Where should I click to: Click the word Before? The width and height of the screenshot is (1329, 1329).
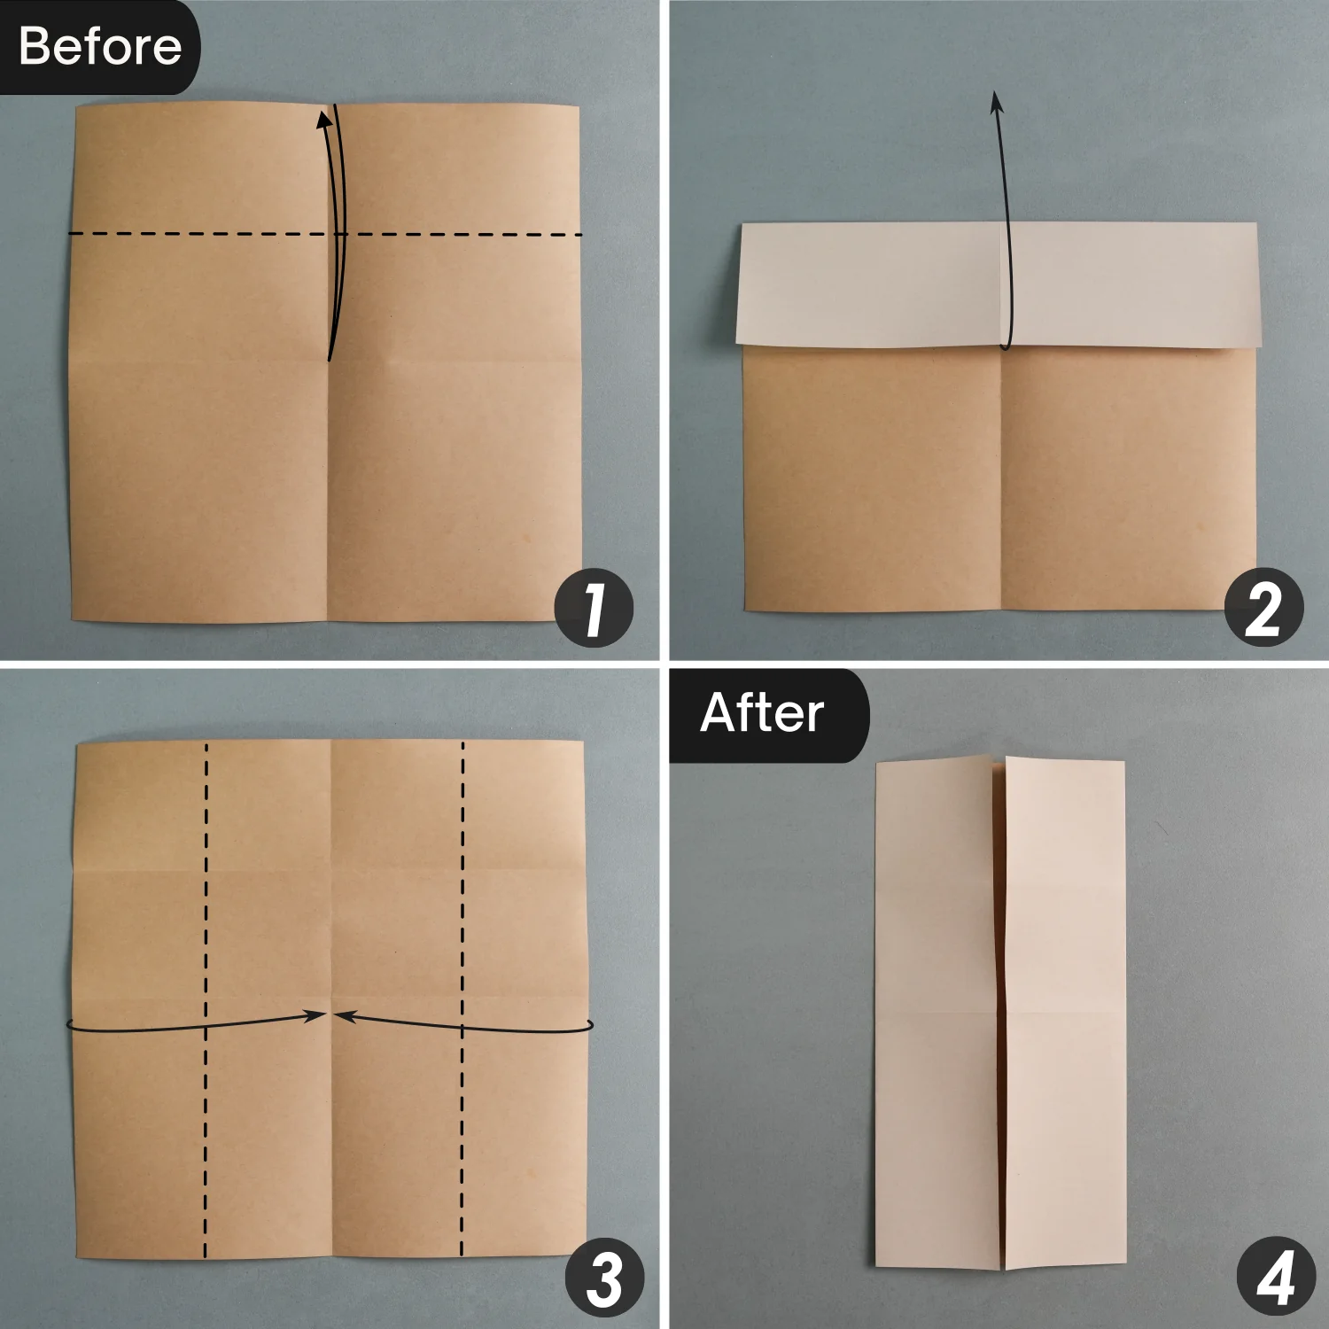[x=99, y=46]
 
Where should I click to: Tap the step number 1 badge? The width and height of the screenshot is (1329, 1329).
[x=594, y=608]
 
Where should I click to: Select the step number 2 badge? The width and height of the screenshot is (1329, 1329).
[x=1263, y=608]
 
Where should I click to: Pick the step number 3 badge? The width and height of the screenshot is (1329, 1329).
[x=605, y=1278]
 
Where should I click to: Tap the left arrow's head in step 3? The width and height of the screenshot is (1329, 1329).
[x=315, y=1016]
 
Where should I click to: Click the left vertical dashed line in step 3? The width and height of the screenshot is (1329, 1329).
[x=206, y=999]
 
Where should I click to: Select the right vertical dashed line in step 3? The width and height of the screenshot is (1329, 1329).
[x=462, y=999]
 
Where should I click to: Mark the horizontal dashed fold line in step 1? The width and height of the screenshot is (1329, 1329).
[x=325, y=234]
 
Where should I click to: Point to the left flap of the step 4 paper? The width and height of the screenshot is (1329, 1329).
[x=941, y=1014]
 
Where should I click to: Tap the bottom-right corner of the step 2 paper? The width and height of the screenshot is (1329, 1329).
[x=1256, y=610]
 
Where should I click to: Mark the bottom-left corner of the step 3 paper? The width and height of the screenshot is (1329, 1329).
[x=76, y=1257]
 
